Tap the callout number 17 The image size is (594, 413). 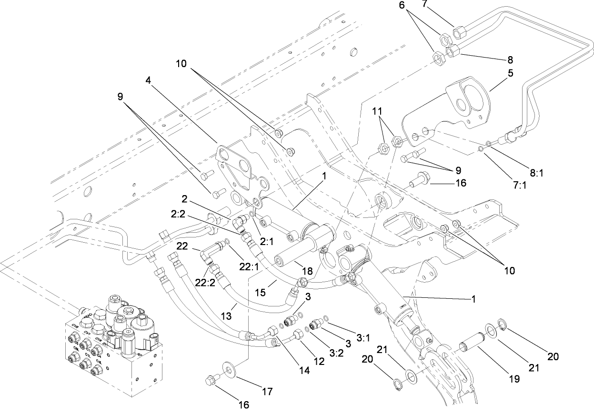point(267,392)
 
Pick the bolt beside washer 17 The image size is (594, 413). point(210,380)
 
